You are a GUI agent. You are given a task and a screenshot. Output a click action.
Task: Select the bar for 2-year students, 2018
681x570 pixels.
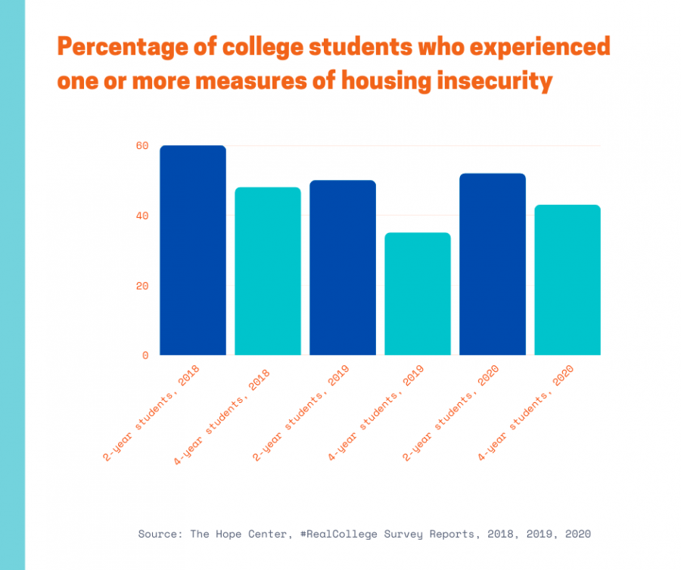[x=193, y=250]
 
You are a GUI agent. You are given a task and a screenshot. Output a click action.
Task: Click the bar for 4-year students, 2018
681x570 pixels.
[x=268, y=271]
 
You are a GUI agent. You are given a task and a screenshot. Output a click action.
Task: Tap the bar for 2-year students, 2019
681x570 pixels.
[x=343, y=268]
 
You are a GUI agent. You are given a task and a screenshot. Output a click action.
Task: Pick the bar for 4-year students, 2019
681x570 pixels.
[x=418, y=294]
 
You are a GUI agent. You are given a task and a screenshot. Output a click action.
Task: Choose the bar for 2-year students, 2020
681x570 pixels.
[x=493, y=265]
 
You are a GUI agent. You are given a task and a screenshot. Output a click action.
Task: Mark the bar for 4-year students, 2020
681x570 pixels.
[x=567, y=280]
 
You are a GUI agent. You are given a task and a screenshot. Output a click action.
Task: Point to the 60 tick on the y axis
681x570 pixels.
[x=143, y=146]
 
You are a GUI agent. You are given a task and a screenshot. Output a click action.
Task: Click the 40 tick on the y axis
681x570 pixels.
[x=143, y=216]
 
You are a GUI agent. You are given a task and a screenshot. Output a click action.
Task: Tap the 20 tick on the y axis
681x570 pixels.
[x=143, y=286]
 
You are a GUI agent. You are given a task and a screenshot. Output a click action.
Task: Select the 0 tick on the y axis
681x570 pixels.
[x=145, y=355]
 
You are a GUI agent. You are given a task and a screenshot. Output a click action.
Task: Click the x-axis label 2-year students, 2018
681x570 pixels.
[x=151, y=413]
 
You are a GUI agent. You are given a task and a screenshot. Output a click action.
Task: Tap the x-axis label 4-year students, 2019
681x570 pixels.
[x=376, y=413]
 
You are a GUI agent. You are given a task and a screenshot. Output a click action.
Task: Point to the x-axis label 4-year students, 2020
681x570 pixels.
[x=526, y=413]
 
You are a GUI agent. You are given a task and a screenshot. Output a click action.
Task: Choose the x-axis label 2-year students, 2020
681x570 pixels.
[x=451, y=413]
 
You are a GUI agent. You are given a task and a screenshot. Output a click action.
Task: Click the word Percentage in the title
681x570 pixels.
[x=121, y=48]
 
